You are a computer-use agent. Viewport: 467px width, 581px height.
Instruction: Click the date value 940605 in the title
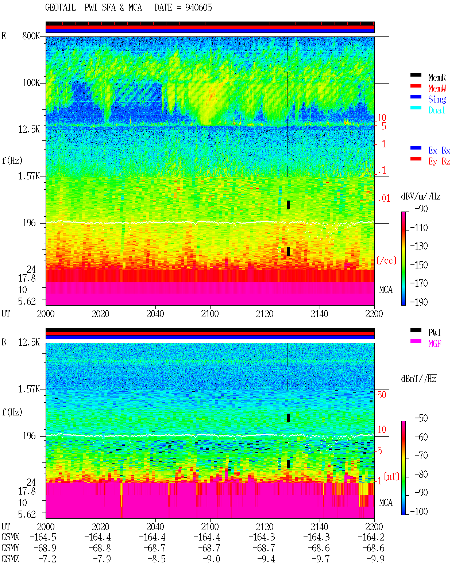tap(198, 8)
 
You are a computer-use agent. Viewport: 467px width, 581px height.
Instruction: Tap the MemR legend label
tap(437, 77)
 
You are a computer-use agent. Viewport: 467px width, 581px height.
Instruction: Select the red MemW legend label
tap(437, 88)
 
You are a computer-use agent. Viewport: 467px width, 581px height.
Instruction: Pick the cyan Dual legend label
tap(437, 110)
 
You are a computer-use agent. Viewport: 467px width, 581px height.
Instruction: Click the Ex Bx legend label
tap(439, 150)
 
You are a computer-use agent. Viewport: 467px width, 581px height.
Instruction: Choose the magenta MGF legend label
tap(435, 344)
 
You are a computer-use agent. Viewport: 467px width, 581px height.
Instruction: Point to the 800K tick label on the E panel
tap(31, 36)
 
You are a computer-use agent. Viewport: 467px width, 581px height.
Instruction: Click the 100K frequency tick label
tap(31, 83)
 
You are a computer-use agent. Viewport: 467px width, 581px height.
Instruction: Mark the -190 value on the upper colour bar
tap(419, 302)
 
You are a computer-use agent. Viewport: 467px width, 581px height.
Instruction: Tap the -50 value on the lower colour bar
tap(421, 418)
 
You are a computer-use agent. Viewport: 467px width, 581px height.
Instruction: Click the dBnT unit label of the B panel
tap(418, 379)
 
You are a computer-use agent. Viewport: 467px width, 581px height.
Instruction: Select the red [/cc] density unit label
tap(386, 260)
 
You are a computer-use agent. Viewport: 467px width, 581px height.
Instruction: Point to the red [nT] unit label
tap(391, 476)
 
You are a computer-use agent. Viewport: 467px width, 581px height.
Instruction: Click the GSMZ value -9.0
tap(212, 559)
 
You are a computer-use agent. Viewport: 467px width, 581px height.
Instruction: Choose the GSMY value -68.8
tap(100, 548)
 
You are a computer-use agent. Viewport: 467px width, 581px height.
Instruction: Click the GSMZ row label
tap(10, 559)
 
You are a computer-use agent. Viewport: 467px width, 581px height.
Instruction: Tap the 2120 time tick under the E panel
tap(265, 314)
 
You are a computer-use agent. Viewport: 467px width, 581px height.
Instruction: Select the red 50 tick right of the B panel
tap(382, 395)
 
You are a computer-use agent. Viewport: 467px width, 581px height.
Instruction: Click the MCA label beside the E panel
tap(386, 290)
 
